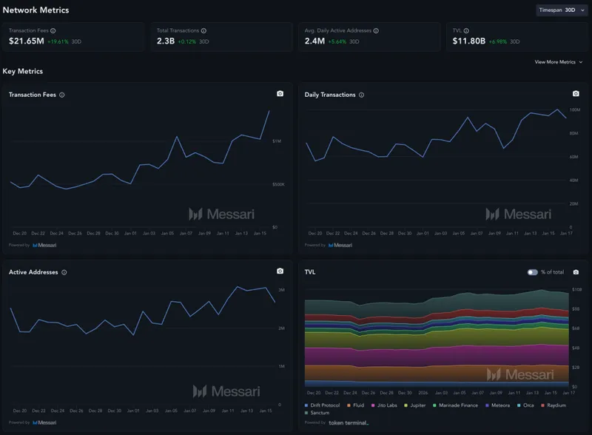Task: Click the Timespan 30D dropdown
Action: click(x=561, y=10)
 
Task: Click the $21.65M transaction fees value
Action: click(x=27, y=41)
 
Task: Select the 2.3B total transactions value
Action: click(x=165, y=41)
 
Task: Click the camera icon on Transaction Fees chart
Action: click(x=280, y=94)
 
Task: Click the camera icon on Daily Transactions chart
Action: click(x=576, y=94)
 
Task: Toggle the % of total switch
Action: click(x=532, y=272)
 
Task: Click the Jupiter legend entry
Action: click(x=415, y=405)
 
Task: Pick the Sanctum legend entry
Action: click(x=320, y=412)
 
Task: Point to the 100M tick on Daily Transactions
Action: click(x=574, y=109)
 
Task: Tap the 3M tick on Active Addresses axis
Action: click(x=282, y=290)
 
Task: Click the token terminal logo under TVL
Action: click(x=348, y=422)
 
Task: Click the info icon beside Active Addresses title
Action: click(x=64, y=272)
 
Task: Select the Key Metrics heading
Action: click(x=23, y=71)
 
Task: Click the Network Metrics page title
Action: click(x=36, y=10)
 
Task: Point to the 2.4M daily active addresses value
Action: click(x=314, y=41)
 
